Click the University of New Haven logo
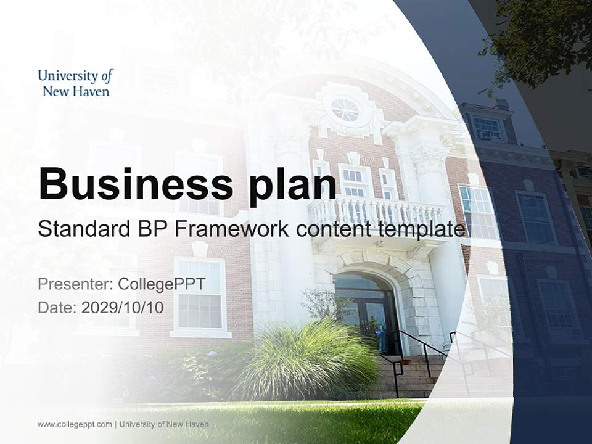pos(75,83)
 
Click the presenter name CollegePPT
pos(161,284)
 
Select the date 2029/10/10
pos(123,307)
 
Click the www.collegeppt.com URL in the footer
pos(75,424)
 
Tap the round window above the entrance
pos(345,110)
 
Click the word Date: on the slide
pos(57,307)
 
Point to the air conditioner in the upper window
pos(487,135)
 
